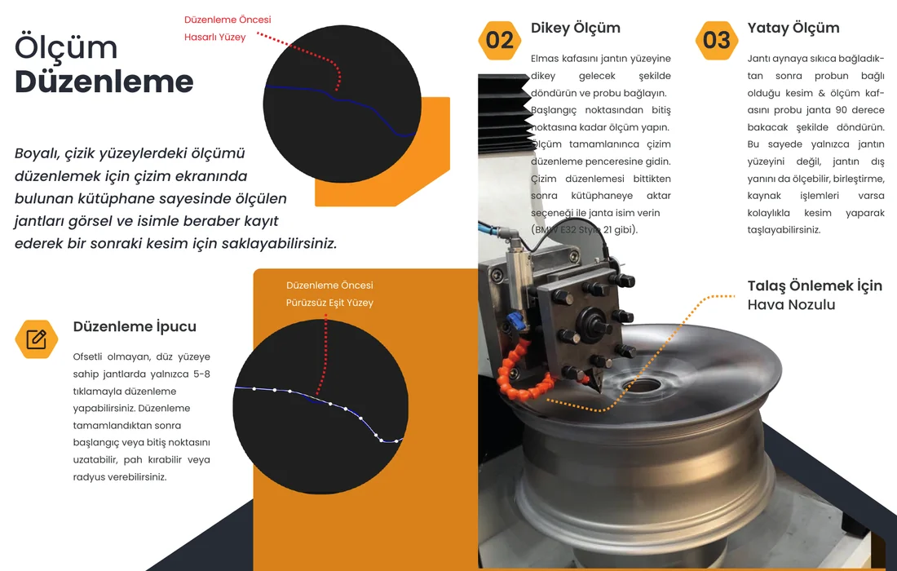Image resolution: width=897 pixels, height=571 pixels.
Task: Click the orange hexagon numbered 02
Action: (x=499, y=40)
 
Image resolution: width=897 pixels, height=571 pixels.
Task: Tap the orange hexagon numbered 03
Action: (x=717, y=40)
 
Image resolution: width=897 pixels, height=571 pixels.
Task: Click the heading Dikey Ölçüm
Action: (x=576, y=29)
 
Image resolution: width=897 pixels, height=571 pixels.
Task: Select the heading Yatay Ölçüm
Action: (x=793, y=29)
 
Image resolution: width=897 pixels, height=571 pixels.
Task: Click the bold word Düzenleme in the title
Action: (x=104, y=82)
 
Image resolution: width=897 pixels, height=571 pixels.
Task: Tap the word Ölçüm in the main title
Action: (x=66, y=47)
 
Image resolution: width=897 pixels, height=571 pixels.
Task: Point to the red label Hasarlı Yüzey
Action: (x=214, y=38)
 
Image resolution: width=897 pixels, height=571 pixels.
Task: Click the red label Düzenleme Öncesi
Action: (x=228, y=20)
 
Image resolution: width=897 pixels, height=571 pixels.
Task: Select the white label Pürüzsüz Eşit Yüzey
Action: (x=329, y=303)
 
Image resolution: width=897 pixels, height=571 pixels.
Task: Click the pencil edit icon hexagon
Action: (x=37, y=339)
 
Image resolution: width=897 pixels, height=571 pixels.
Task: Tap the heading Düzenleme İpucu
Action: (x=135, y=327)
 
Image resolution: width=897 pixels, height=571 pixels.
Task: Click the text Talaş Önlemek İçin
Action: (x=815, y=286)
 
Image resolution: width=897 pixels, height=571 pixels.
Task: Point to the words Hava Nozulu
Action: (x=791, y=304)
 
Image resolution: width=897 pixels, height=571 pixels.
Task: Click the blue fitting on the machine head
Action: (x=516, y=321)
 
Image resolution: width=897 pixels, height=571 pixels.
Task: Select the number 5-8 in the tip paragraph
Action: (x=201, y=374)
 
